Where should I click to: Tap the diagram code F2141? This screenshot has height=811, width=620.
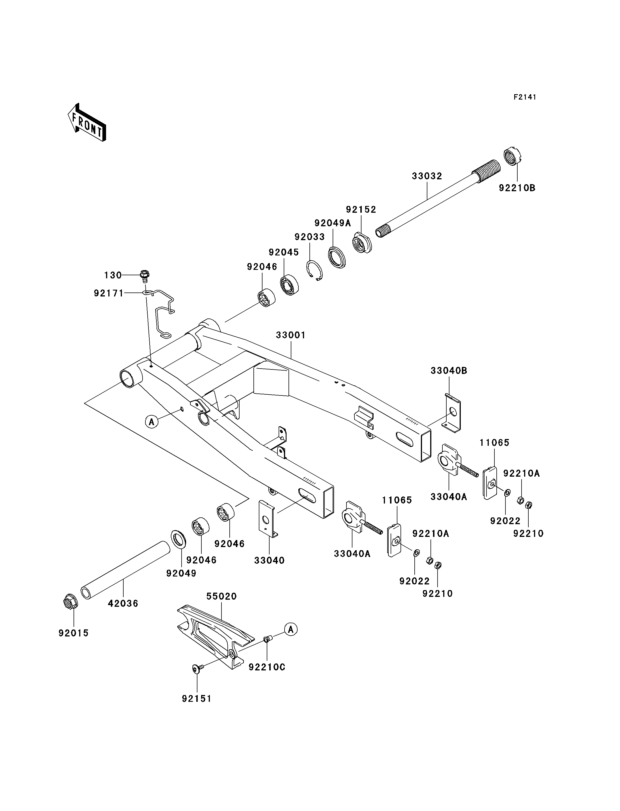525,97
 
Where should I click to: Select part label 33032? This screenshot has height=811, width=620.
427,176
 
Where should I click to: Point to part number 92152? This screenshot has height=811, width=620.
361,209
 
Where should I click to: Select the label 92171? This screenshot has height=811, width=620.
109,293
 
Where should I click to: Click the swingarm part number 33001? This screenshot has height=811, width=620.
291,335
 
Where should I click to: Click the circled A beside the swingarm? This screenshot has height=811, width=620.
151,421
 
